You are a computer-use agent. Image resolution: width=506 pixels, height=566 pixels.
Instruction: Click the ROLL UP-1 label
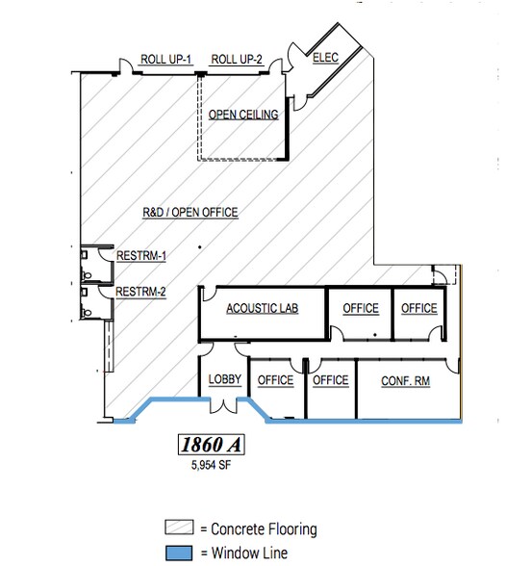point(165,60)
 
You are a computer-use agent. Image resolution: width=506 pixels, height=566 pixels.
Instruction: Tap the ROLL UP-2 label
point(237,60)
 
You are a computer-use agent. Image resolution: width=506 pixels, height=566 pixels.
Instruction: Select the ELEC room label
point(325,58)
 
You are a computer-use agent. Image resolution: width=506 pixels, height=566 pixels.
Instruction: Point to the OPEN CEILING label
point(243,115)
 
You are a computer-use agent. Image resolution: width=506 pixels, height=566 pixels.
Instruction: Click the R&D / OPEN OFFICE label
point(190,212)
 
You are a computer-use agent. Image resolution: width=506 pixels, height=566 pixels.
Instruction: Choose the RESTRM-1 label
point(141,256)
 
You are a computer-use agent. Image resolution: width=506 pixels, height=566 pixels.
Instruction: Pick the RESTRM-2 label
point(140,292)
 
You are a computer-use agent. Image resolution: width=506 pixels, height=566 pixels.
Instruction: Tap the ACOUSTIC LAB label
point(263,309)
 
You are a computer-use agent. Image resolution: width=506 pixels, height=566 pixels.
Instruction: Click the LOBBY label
point(225,379)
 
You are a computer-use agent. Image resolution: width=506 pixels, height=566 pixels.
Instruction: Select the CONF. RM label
point(405,381)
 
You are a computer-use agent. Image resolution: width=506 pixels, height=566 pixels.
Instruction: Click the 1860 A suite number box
point(212,445)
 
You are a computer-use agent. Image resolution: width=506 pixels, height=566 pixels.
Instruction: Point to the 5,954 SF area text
point(211,465)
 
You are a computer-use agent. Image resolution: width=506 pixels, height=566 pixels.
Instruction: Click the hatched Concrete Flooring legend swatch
point(179,527)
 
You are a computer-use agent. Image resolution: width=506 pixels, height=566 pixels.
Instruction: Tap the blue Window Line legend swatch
point(179,553)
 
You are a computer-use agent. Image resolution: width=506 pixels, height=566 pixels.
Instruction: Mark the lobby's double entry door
point(223,405)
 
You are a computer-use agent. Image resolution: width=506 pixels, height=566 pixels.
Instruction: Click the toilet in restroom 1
point(87,275)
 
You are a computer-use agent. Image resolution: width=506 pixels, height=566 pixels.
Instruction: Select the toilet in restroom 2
point(87,312)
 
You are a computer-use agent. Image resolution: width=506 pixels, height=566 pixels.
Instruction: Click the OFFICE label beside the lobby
point(275,380)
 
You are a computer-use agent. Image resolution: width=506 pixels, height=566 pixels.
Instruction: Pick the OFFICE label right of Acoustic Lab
point(361,309)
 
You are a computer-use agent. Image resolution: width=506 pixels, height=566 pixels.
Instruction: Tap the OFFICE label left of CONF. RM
point(331,380)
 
